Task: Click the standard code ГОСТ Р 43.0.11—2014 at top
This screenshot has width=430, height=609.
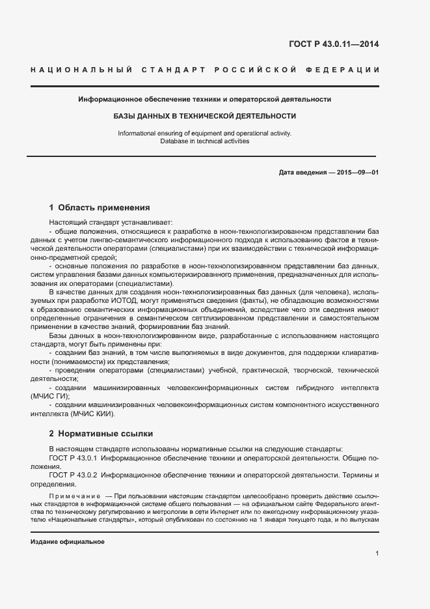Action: coord(333,44)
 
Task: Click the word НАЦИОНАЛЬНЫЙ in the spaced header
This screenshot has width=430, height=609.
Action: coord(82,70)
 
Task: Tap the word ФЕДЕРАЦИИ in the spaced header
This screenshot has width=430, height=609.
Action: coord(347,70)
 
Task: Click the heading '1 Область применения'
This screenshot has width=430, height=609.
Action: coord(100,208)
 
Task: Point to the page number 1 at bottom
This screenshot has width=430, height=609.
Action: coord(377,554)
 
